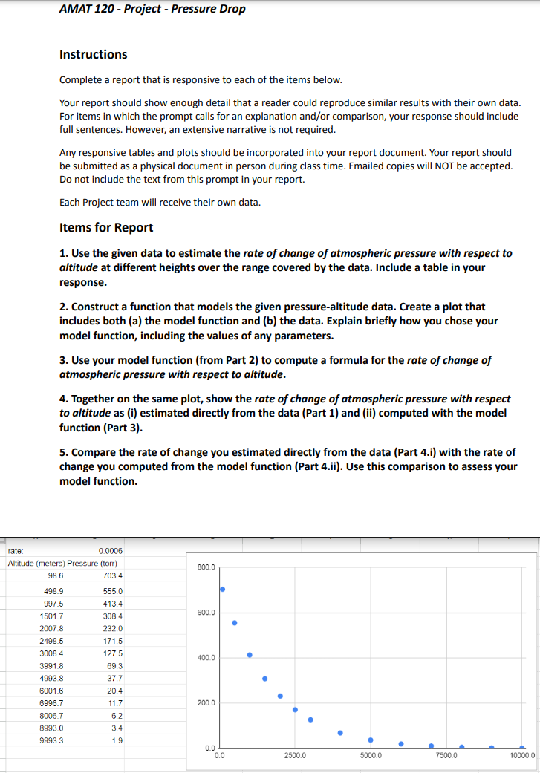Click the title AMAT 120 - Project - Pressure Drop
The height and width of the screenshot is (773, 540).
[152, 10]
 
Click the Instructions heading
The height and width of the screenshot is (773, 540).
[93, 54]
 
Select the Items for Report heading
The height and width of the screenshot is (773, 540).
[106, 228]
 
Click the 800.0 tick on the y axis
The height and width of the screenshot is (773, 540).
[206, 567]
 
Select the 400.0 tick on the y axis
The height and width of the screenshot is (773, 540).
[206, 658]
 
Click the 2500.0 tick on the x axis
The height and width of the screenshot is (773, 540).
[295, 756]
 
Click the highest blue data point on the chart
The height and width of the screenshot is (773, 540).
[222, 589]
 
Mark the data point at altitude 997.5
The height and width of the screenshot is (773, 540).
[250, 655]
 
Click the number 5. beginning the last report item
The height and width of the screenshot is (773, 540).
[64, 452]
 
